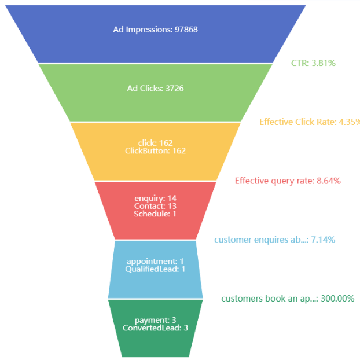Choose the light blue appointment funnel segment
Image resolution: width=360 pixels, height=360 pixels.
point(155,281)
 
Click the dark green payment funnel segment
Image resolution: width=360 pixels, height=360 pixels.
point(155,341)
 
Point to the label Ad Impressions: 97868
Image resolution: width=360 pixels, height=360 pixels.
point(155,29)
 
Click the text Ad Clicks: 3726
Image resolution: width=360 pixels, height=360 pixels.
point(155,88)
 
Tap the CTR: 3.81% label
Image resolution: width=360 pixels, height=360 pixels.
point(313,63)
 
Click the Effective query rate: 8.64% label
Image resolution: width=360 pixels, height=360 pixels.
point(288,181)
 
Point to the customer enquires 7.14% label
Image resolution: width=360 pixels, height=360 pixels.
point(274,239)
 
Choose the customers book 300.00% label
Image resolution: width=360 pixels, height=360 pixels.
point(288,299)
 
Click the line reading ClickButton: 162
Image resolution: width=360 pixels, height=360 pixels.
point(155,150)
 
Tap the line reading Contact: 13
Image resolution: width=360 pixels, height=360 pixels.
point(155,206)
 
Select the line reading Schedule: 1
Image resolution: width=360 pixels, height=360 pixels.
point(155,214)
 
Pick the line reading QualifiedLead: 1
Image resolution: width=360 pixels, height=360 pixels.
point(155,269)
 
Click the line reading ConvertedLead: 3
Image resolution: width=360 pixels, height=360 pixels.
point(155,328)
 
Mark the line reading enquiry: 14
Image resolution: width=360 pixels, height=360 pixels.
point(155,199)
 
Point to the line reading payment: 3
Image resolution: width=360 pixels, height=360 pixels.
point(155,320)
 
